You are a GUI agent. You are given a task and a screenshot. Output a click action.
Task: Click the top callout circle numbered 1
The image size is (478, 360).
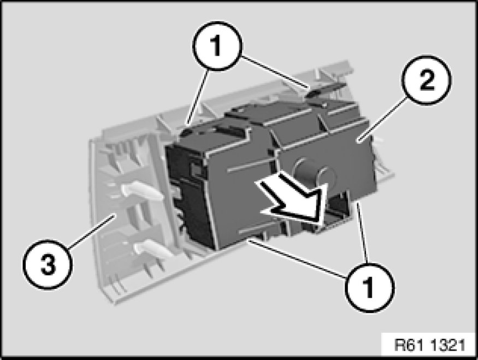click(217, 46)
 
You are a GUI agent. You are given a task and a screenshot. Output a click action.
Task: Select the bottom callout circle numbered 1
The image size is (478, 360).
click(369, 287)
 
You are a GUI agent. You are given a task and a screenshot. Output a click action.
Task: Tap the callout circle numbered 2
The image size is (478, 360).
click(427, 80)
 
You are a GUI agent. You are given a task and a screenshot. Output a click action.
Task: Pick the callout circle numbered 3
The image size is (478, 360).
click(48, 264)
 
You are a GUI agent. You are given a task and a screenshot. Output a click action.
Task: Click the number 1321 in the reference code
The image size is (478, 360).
click(448, 346)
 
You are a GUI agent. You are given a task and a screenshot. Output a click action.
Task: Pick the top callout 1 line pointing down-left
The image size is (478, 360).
click(199, 98)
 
